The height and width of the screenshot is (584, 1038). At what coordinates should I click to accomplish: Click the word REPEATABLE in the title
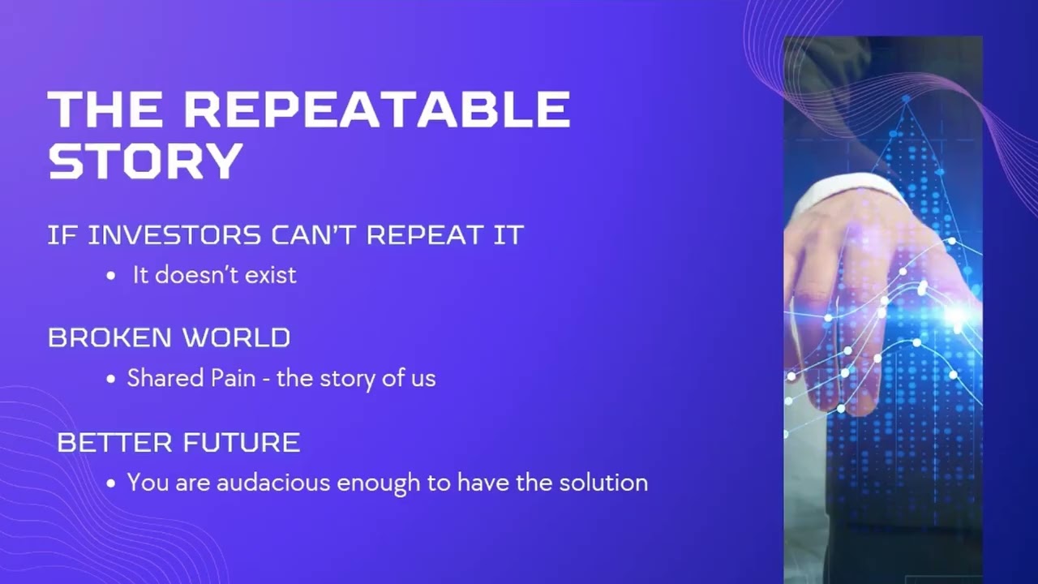point(377,109)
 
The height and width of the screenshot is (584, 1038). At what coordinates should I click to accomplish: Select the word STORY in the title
point(146,161)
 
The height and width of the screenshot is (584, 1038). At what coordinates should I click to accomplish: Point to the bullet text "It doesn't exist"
point(215,275)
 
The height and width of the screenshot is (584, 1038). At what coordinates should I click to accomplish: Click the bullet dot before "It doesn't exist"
point(111,276)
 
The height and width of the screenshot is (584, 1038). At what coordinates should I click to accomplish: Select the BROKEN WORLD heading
point(169,337)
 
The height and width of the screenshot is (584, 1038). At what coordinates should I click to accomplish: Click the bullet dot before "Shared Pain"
point(111,379)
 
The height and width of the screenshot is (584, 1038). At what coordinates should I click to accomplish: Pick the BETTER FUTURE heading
point(178,443)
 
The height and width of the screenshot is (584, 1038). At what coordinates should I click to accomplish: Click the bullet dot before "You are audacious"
point(111,483)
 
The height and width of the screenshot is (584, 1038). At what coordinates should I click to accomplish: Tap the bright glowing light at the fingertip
point(958,316)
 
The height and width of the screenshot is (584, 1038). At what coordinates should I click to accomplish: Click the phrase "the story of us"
point(356,378)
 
